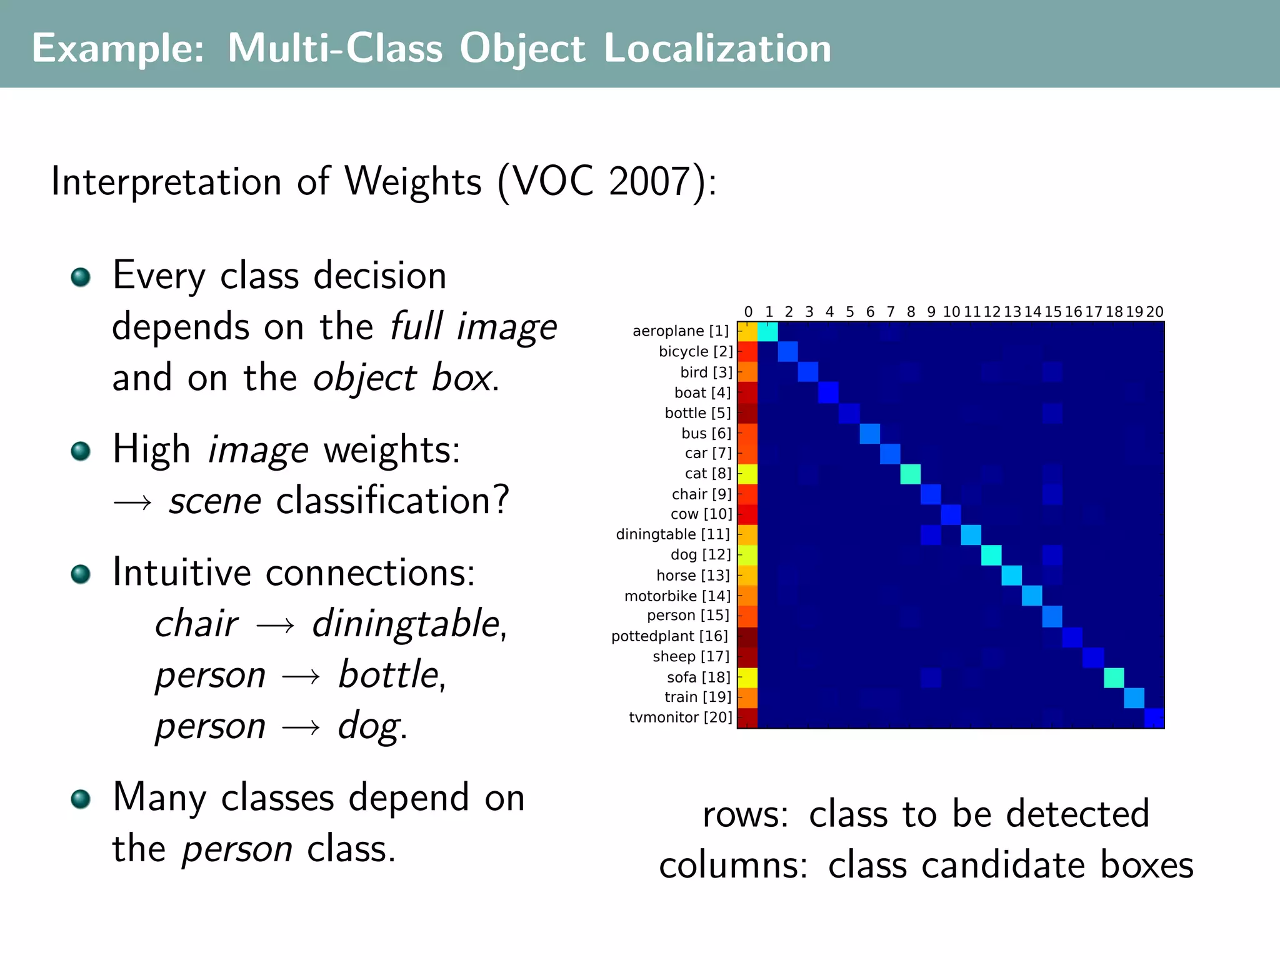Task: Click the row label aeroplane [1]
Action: [x=681, y=331]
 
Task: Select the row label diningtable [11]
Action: [x=672, y=534]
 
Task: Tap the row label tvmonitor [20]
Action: [x=680, y=717]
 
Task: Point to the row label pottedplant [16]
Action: [x=669, y=636]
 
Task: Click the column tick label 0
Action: [x=748, y=312]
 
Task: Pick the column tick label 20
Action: [x=1154, y=312]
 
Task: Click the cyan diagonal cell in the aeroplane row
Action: [x=768, y=332]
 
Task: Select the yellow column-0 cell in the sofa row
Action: [x=748, y=677]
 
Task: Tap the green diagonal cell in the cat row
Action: [x=911, y=474]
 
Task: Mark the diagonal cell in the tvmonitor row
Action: [x=1154, y=718]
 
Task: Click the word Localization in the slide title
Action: [x=717, y=48]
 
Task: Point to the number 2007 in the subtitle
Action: [x=648, y=182]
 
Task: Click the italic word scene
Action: [x=215, y=501]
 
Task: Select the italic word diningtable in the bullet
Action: [x=406, y=624]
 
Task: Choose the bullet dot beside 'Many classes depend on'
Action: [x=81, y=799]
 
